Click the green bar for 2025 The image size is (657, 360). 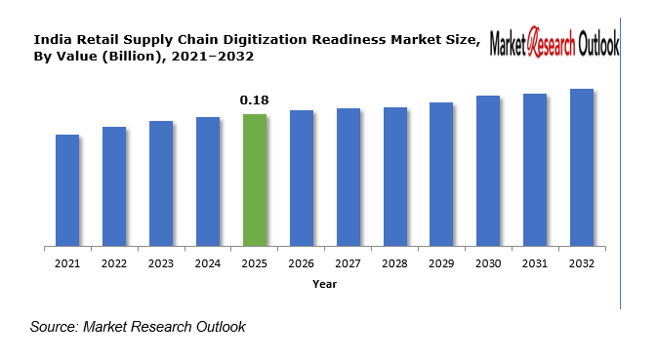(x=255, y=180)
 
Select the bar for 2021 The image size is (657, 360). (x=67, y=190)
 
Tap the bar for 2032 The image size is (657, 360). (x=582, y=168)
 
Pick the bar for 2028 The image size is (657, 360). (x=394, y=177)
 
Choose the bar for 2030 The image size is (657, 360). (x=488, y=171)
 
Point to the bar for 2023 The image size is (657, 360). (x=161, y=183)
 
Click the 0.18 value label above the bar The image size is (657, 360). (x=255, y=100)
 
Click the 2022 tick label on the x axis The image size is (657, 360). (x=114, y=263)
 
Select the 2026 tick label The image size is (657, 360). (x=302, y=263)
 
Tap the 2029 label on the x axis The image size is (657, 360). (x=441, y=263)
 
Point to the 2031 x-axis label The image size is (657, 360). (x=535, y=263)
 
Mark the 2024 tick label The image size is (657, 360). (x=208, y=263)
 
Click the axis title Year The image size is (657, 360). (x=325, y=284)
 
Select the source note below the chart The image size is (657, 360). (x=138, y=327)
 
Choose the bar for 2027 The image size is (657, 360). (x=349, y=178)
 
